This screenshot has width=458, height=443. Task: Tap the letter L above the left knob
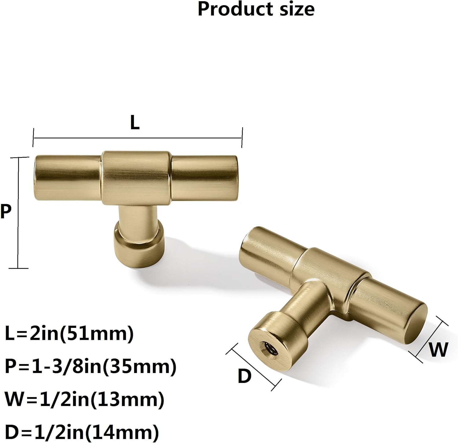[135, 123]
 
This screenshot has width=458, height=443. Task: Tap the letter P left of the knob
[5, 211]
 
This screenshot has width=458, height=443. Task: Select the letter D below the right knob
[244, 376]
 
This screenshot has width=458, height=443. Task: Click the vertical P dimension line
[19, 213]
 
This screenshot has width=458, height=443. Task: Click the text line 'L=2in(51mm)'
[69, 334]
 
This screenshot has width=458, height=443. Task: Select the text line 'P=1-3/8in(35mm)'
[91, 367]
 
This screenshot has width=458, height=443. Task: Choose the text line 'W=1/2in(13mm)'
[85, 399]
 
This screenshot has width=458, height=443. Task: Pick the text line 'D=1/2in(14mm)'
[82, 432]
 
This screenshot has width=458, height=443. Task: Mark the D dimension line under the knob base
[253, 366]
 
